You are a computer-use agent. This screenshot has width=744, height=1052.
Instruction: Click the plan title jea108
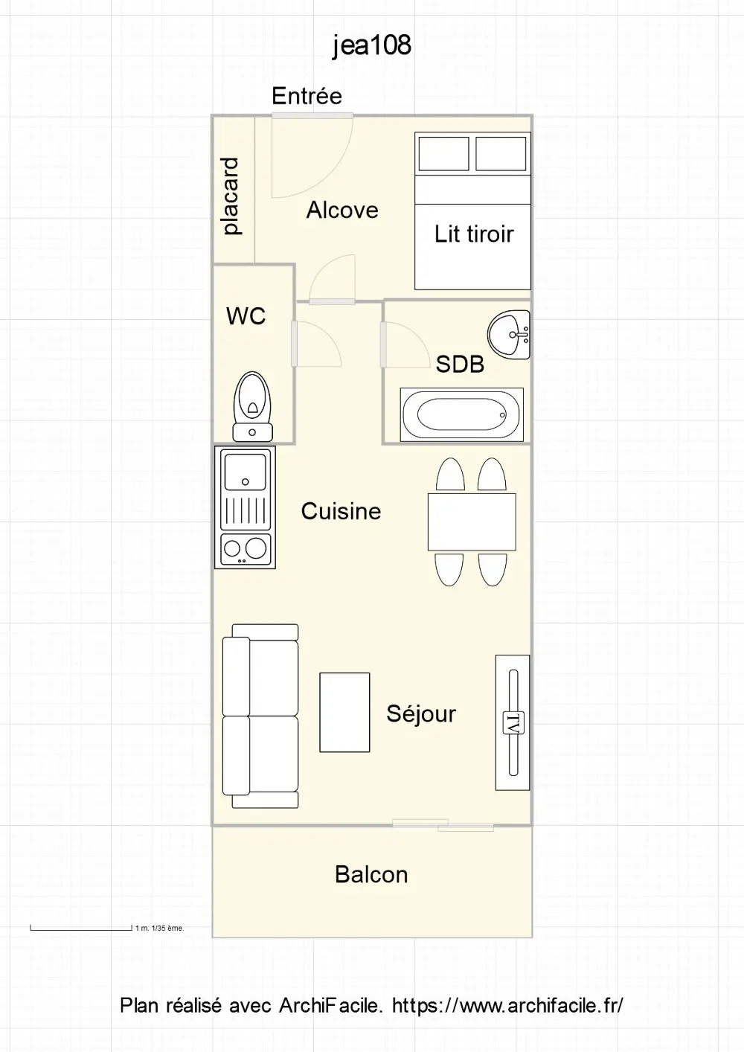[372, 45]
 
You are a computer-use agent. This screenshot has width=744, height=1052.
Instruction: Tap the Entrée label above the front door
[307, 96]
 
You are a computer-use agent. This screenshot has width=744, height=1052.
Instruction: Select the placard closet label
[230, 196]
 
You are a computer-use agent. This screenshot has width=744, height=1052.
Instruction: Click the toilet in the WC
[253, 406]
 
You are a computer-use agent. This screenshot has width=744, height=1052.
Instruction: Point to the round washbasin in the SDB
[509, 334]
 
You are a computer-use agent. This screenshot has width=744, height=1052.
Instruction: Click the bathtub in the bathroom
[462, 414]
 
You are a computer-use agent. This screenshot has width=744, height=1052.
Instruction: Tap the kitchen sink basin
[246, 472]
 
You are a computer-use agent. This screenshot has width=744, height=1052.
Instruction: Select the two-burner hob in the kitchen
[246, 549]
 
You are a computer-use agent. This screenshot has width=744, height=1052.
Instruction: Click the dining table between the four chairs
[472, 522]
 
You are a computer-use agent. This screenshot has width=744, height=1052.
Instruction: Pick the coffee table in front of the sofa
[344, 713]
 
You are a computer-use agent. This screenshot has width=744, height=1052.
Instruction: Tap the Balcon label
[371, 875]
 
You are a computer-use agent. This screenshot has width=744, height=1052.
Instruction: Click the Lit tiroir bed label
[473, 234]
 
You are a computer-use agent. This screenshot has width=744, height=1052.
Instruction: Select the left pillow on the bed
[444, 153]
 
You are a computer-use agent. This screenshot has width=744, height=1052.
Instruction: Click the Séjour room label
[421, 714]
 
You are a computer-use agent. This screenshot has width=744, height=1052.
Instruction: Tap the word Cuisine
[341, 511]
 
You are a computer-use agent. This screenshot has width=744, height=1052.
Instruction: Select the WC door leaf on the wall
[294, 344]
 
